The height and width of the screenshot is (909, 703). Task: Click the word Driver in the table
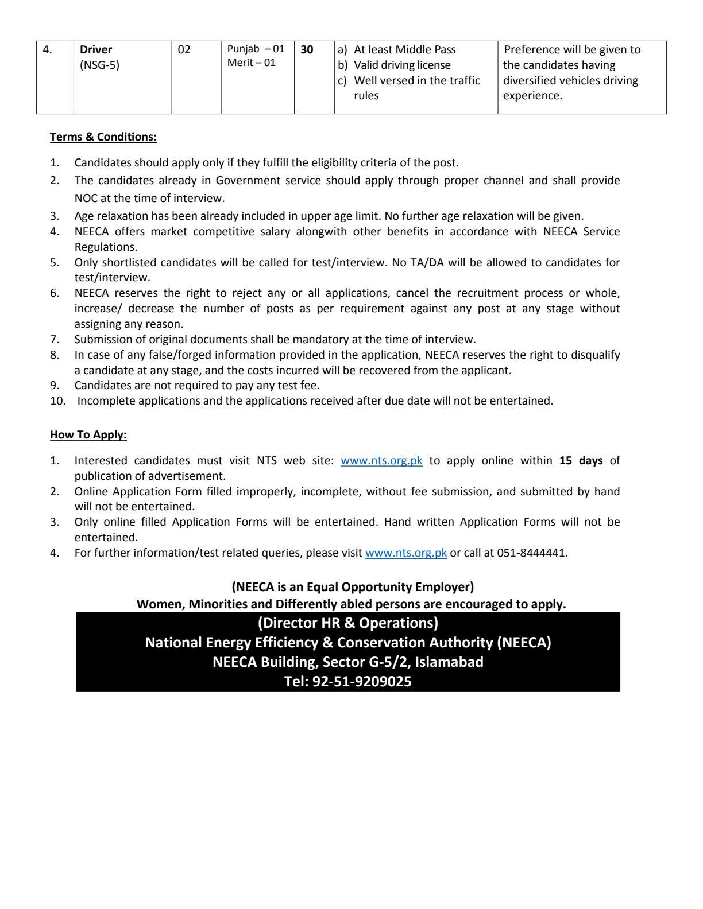click(96, 50)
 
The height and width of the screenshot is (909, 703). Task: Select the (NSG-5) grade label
click(99, 65)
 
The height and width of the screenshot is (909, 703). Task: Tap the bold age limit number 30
click(307, 50)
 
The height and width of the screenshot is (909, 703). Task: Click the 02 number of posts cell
click(184, 50)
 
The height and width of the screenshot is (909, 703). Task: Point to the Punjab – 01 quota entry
click(256, 49)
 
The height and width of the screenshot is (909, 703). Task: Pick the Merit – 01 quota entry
click(251, 63)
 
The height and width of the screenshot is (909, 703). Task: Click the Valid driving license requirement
click(402, 65)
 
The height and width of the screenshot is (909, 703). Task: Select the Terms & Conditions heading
click(103, 137)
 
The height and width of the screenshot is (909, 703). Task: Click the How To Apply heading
click(88, 434)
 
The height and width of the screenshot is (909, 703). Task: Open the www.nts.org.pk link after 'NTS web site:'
click(381, 461)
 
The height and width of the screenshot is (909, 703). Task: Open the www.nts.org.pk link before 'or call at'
click(405, 553)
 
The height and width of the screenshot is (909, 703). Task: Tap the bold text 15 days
click(581, 461)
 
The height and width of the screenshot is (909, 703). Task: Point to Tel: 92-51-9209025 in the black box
click(348, 682)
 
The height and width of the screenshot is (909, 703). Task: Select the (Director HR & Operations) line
click(348, 623)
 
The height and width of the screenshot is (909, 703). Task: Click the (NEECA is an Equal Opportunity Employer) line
click(353, 587)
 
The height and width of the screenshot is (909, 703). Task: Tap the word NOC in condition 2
click(86, 199)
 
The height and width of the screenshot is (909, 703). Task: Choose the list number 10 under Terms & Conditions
click(57, 401)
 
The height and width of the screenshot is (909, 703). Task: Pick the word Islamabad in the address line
click(449, 662)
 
